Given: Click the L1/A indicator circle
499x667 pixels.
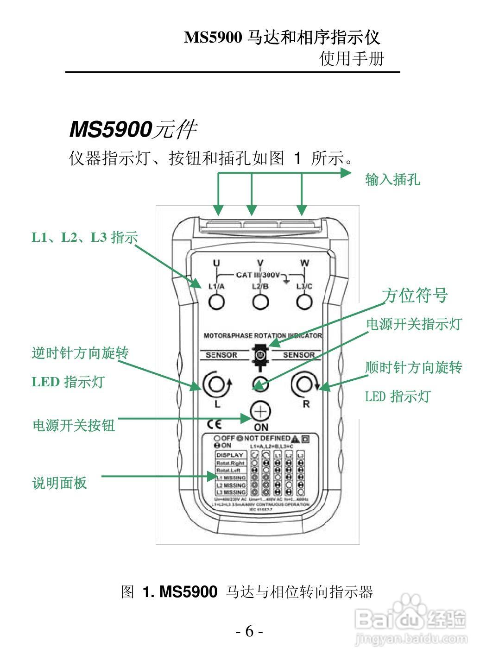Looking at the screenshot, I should point(216,302).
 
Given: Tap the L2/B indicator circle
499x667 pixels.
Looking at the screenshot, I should point(260,302).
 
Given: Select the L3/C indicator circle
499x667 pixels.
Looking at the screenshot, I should point(304,302).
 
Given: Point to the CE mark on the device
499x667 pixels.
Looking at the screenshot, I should point(214,424).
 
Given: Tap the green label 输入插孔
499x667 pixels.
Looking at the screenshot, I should point(392,179).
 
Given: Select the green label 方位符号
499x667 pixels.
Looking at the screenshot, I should point(415,295).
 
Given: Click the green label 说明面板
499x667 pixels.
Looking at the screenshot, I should point(59,483).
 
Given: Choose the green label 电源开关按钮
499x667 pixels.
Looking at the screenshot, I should point(73,425).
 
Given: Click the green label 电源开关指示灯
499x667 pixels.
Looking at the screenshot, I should point(414,324).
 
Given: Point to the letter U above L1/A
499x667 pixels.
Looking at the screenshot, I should point(216,264).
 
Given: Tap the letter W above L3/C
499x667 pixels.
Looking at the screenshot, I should point(304,264).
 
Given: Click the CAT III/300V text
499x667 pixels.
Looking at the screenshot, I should point(258,275).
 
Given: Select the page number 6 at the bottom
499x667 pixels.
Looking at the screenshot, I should point(249,631).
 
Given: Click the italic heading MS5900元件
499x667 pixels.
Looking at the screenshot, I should point(133,129).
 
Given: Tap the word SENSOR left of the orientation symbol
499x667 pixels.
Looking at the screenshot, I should point(221,355).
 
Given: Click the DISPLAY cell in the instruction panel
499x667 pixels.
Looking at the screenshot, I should point(230,455).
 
